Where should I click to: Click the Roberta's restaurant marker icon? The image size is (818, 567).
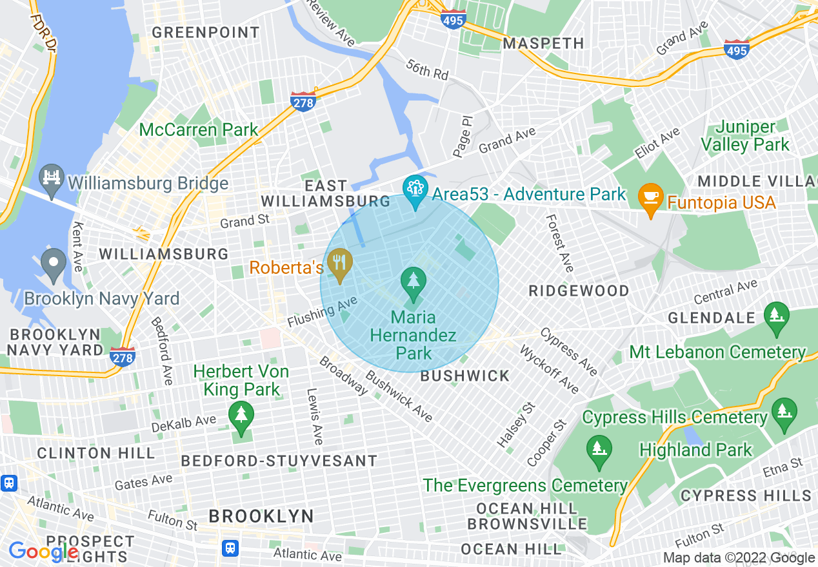pos(338,264)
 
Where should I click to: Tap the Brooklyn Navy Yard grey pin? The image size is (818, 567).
pos(53,263)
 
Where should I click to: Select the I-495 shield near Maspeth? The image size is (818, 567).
pos(454,21)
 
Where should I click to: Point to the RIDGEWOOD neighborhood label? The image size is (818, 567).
pos(579,291)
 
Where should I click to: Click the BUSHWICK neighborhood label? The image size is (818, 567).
pos(464,376)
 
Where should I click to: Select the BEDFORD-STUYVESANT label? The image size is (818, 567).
pos(279,461)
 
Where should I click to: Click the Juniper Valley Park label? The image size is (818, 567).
pos(745,136)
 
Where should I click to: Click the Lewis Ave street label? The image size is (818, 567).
pos(314,416)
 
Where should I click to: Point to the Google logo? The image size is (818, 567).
pos(43,552)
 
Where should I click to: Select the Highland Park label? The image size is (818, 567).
pos(695,449)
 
